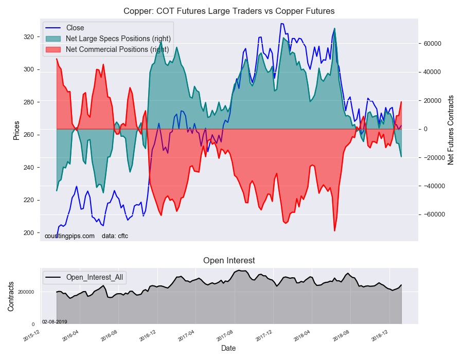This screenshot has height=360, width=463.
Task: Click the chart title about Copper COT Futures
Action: coord(229,11)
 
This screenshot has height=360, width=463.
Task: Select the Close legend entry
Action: coord(75,28)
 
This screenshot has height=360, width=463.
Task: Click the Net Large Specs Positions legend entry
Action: coord(118,39)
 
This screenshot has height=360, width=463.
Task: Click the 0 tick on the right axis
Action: coord(425,129)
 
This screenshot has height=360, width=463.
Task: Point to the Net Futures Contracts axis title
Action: coord(451,130)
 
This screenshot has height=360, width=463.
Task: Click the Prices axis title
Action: coord(16,130)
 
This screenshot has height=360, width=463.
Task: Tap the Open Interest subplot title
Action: coord(229,260)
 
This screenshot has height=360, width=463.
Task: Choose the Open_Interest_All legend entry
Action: coord(95,278)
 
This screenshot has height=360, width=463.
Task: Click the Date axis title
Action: coord(228,348)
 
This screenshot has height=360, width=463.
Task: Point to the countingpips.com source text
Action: coord(69,236)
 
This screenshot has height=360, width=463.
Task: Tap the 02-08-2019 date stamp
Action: coord(55,321)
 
